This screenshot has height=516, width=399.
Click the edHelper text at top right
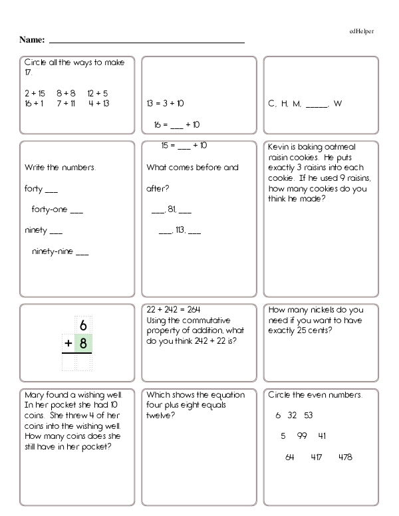pyautogui.click(x=361, y=31)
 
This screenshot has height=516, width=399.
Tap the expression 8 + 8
pyautogui.click(x=66, y=94)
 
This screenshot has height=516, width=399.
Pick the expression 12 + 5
pyautogui.click(x=97, y=94)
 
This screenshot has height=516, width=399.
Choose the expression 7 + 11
pyautogui.click(x=66, y=103)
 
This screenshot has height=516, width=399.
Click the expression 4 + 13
pyautogui.click(x=98, y=103)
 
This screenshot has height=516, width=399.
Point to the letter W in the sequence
pyautogui.click(x=338, y=104)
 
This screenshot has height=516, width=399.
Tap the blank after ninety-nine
pyautogui.click(x=82, y=253)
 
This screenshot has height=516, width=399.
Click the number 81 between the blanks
pyautogui.click(x=172, y=210)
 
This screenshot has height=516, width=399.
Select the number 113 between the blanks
pyautogui.click(x=180, y=231)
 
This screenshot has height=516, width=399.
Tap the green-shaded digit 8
pyautogui.click(x=83, y=344)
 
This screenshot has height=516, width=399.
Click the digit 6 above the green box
pyautogui.click(x=83, y=325)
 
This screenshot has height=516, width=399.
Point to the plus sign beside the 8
pyautogui.click(x=68, y=344)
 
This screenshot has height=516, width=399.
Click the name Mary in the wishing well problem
pyautogui.click(x=35, y=394)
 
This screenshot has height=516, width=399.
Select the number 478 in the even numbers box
pyautogui.click(x=345, y=457)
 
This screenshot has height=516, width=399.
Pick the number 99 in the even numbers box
pyautogui.click(x=302, y=436)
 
